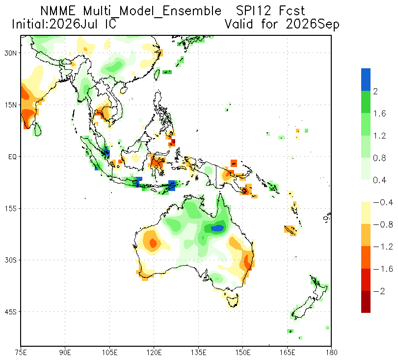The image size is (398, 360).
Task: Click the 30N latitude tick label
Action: pos(10,53)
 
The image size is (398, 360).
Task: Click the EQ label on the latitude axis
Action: pos(12,157)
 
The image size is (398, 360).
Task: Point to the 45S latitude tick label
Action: pos(10,312)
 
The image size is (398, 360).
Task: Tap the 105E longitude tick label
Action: pos(109,353)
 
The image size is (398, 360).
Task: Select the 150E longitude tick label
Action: pos(243,353)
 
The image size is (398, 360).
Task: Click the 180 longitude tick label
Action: pos(331,353)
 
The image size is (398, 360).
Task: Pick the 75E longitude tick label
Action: pos(21,353)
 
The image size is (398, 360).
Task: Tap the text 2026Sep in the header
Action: pos(313,25)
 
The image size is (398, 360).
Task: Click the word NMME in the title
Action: pos(58,11)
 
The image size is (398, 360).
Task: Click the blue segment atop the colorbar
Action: pos(366,80)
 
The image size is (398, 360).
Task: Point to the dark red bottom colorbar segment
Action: pos(366,302)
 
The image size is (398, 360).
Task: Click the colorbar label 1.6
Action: pos(379,113)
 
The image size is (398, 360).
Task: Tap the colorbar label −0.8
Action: pos(383,224)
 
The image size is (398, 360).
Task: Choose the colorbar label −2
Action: pos(379,291)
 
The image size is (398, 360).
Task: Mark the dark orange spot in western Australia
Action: pos(153,243)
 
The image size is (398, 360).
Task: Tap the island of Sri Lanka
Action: pos(38,129)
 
